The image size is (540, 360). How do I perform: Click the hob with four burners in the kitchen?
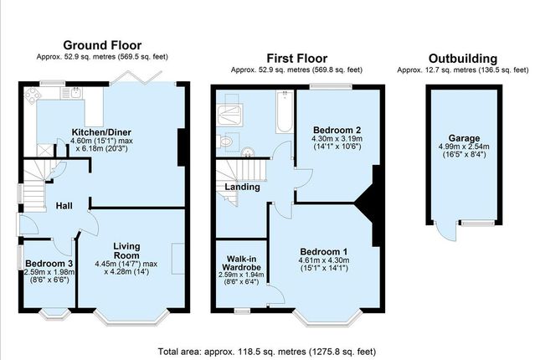pyautogui.click(x=31, y=95)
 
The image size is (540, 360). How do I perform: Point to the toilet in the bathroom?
pyautogui.click(x=224, y=142)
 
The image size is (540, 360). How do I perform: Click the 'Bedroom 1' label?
pyautogui.click(x=323, y=252)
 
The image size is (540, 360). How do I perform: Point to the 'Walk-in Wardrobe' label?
pyautogui.click(x=239, y=259)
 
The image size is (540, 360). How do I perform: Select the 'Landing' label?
pyautogui.click(x=243, y=187)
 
